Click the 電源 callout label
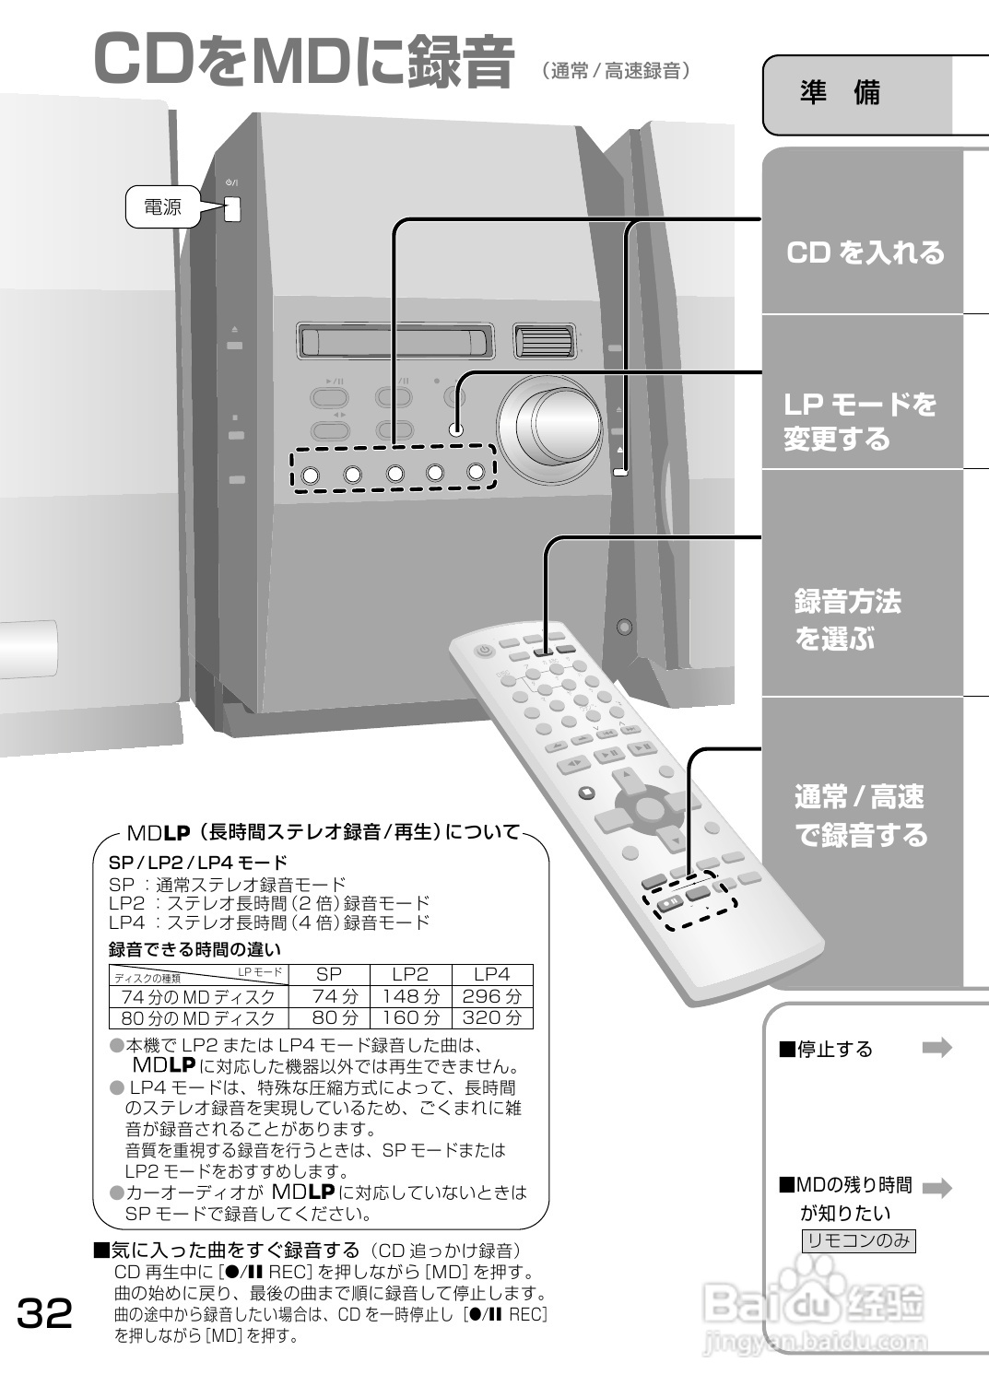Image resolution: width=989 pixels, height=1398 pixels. [162, 207]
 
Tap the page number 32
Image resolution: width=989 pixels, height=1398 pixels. [44, 1313]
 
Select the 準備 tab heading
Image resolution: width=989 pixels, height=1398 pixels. [840, 93]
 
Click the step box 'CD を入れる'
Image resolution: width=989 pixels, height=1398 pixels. [865, 253]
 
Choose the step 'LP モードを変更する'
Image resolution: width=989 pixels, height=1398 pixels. [859, 420]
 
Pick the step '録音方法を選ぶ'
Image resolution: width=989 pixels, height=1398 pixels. [847, 619]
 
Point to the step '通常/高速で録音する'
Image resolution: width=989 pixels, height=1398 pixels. [860, 816]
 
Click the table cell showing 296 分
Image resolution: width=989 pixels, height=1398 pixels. [491, 996]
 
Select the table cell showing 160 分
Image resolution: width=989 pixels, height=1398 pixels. [410, 1017]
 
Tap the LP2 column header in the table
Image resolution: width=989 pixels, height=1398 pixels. [410, 974]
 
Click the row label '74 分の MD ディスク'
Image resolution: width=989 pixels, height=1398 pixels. [198, 996]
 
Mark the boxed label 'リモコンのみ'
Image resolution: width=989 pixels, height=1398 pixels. [858, 1240]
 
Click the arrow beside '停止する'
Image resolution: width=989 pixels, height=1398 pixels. [936, 1048]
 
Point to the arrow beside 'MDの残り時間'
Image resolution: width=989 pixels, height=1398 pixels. [936, 1188]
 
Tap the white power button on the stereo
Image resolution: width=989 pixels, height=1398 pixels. [231, 209]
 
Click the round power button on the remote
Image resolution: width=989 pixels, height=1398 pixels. [484, 652]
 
